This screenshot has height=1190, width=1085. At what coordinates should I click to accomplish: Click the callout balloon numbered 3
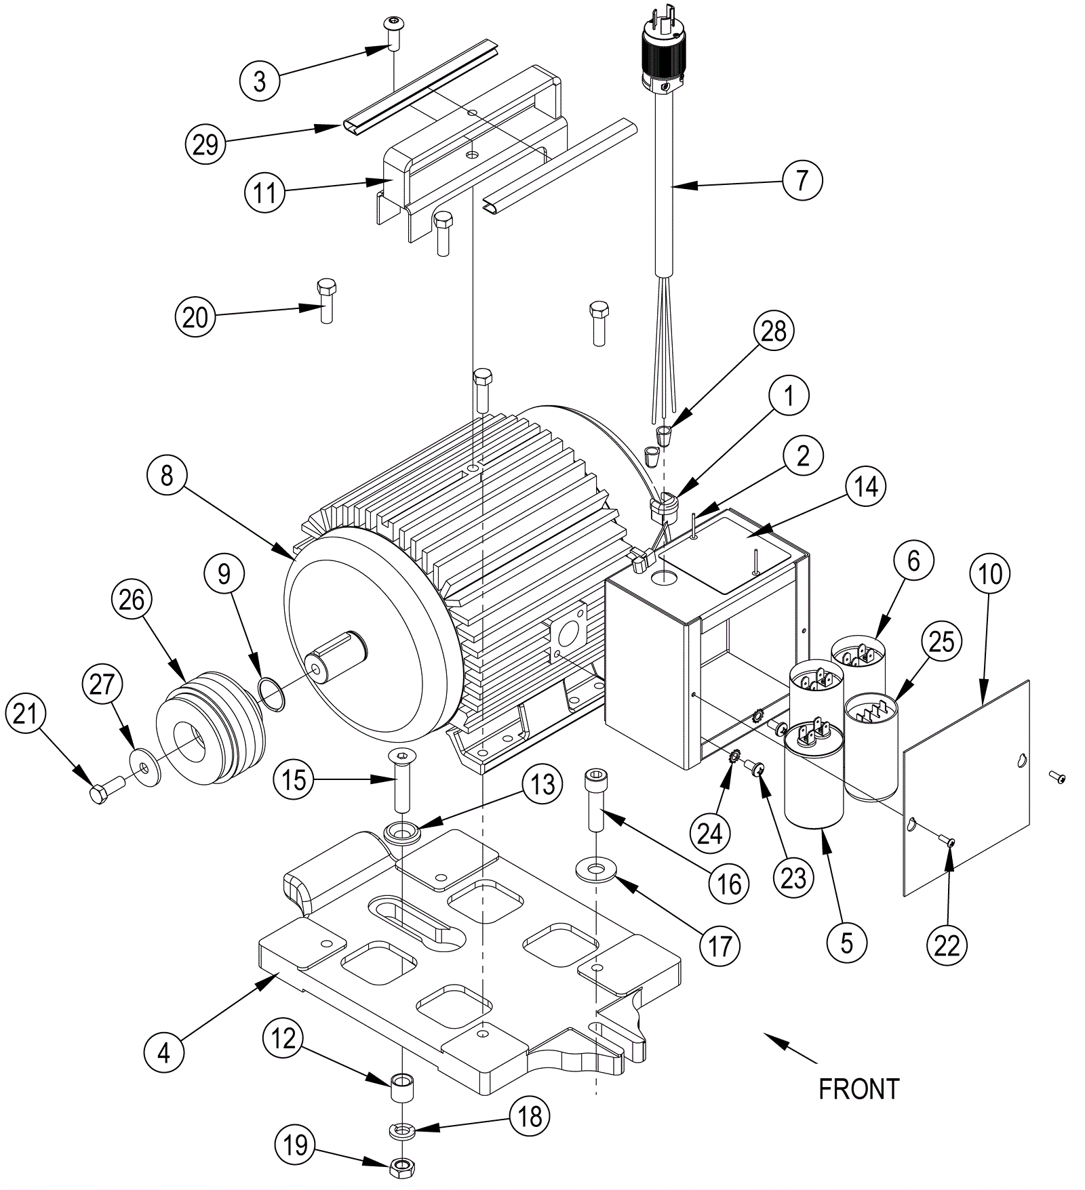click(260, 81)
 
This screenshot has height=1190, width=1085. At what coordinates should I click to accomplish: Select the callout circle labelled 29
click(205, 144)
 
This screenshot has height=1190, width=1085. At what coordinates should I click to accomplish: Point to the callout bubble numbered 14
click(866, 487)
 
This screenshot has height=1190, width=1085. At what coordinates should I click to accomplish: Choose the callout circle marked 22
click(947, 945)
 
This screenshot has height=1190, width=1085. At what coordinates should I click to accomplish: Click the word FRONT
click(859, 1090)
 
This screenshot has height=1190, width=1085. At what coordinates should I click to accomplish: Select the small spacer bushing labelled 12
click(403, 1088)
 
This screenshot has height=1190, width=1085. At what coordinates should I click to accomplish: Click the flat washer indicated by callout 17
click(597, 869)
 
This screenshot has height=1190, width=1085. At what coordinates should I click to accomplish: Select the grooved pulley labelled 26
click(210, 726)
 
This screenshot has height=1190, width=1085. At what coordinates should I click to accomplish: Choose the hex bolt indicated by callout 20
click(326, 300)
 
